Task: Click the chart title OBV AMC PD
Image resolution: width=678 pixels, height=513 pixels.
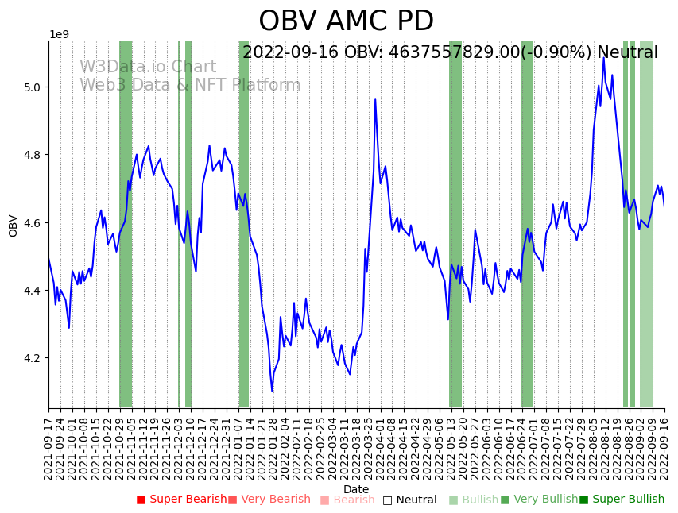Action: (x=346, y=21)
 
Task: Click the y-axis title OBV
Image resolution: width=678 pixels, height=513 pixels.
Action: (x=14, y=226)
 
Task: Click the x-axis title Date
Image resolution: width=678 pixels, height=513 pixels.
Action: (x=356, y=489)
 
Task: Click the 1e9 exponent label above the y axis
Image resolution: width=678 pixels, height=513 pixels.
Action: (x=60, y=35)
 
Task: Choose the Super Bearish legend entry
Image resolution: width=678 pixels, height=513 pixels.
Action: (x=181, y=499)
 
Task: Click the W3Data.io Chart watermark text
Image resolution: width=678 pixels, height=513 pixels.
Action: (x=147, y=67)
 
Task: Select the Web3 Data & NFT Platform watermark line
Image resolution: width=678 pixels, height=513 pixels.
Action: (x=190, y=85)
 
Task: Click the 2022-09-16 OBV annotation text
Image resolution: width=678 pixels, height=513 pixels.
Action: (x=450, y=52)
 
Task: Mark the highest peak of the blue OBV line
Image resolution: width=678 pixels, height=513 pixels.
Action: (x=603, y=57)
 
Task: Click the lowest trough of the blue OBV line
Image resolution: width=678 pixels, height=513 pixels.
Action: (x=272, y=391)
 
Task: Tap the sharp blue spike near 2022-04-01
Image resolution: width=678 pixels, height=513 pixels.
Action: (x=375, y=100)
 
